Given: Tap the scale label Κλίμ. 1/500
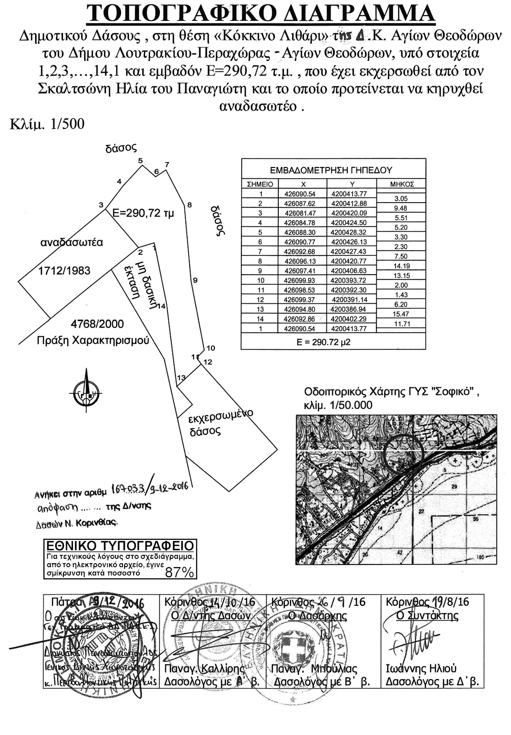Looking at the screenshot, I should tap(47, 125).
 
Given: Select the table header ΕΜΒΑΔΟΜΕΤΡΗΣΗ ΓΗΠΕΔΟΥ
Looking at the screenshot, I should tap(331, 171).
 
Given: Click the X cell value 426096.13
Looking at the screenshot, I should tap(300, 261).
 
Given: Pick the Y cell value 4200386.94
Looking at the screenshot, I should tap(349, 309).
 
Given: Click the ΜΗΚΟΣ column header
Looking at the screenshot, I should tap(402, 184).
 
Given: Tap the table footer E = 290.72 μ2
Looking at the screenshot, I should tap(323, 342).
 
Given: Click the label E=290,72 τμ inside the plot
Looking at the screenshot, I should tap(143, 213).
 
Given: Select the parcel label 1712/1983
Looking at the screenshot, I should tap(64, 271).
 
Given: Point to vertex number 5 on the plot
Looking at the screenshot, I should tap(140, 161).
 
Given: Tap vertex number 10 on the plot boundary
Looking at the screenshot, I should tap(211, 348).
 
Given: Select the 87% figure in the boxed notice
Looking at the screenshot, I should tap(180, 572).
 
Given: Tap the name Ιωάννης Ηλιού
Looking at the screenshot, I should tap(421, 669).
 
